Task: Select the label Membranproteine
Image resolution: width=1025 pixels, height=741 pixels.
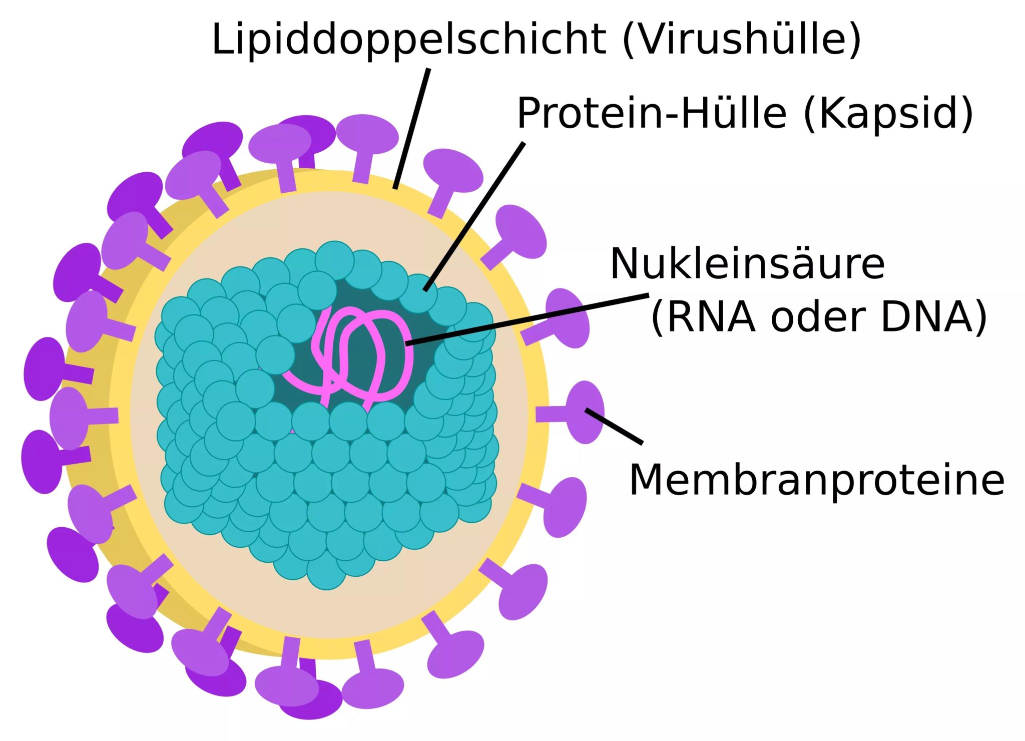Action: click(816, 480)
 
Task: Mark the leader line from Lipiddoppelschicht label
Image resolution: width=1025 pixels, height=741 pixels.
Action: click(412, 128)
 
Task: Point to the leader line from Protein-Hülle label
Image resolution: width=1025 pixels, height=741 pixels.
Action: click(474, 215)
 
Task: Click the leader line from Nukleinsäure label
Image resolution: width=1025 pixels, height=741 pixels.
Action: click(526, 319)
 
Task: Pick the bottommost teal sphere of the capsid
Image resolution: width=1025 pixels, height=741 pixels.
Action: click(326, 570)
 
